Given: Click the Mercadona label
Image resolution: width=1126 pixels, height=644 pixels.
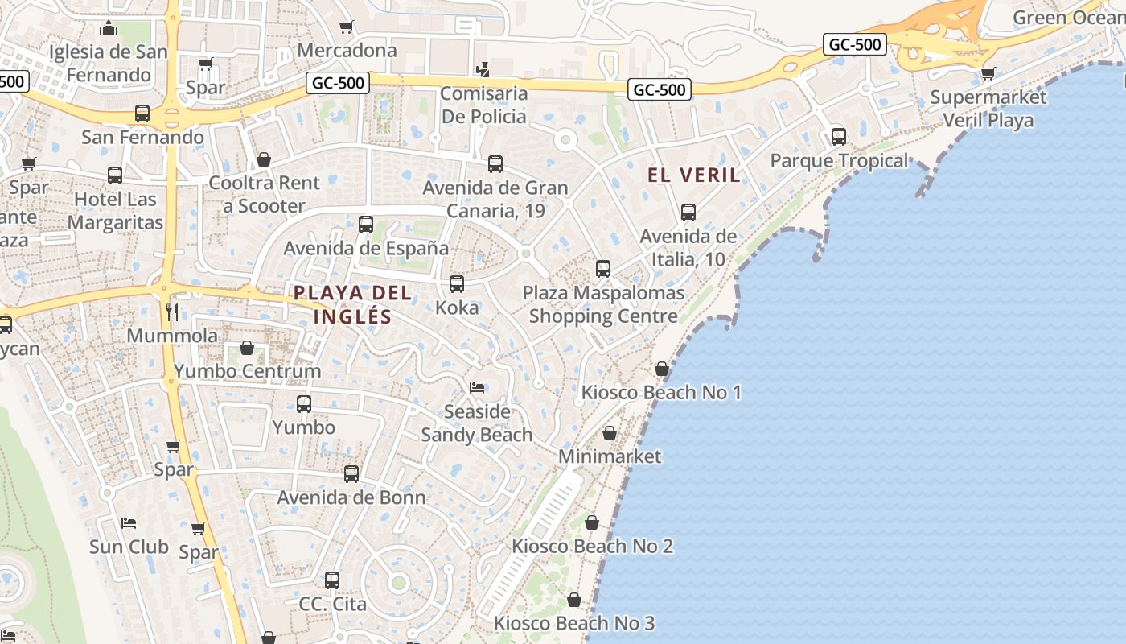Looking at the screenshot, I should click(347, 51).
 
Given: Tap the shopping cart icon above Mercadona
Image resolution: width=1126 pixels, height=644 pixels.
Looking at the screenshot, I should click(347, 27).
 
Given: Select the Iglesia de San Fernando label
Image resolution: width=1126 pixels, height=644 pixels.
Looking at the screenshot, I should click(109, 64).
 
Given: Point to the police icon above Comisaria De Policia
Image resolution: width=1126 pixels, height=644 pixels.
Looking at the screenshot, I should click(483, 69).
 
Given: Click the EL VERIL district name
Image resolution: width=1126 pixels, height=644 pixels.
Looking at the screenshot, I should click(694, 175).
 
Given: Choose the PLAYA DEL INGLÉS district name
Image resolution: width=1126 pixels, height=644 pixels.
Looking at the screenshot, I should click(353, 304).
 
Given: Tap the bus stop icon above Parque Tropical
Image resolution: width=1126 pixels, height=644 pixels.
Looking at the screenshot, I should click(839, 137).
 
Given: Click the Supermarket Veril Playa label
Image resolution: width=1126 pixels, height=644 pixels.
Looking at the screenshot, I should click(988, 109).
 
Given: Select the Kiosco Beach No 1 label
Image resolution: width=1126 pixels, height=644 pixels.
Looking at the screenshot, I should click(661, 393).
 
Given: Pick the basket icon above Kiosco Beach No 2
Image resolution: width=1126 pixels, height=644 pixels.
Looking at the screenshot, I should click(592, 522).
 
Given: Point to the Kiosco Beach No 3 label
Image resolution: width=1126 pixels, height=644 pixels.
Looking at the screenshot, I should click(573, 623).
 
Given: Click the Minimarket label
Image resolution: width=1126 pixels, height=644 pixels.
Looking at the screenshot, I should click(610, 456).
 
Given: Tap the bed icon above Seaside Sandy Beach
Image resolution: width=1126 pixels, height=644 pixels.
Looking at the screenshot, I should click(477, 388).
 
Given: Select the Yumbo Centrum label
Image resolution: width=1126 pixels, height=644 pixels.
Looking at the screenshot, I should click(247, 371).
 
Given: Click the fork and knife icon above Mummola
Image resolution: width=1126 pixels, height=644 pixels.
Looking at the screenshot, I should click(171, 312).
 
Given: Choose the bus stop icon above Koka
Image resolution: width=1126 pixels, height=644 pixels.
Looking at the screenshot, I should click(457, 284).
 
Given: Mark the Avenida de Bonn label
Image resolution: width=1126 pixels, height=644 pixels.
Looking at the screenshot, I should click(351, 497).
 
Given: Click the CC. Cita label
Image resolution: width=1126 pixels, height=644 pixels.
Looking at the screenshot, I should click(332, 604).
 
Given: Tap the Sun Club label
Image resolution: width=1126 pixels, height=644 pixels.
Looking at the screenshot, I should click(129, 547).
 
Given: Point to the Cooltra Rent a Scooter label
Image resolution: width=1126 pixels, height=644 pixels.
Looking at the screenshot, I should click(264, 194).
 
